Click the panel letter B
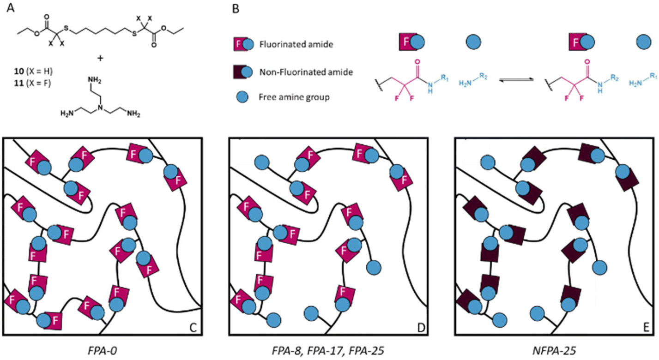[x=235, y=7]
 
